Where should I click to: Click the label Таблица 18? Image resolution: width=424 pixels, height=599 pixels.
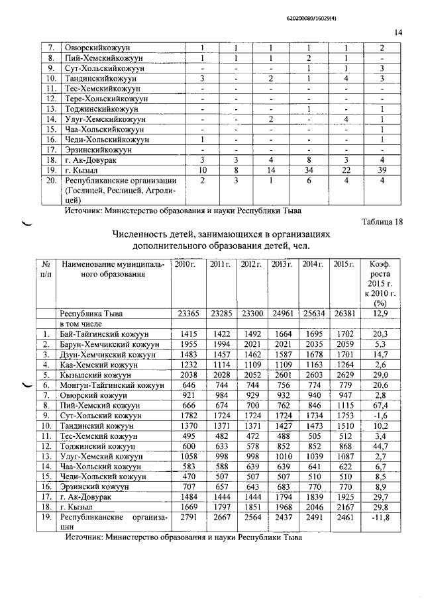click(x=382, y=222)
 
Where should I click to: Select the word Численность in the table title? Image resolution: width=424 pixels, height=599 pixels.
click(x=146, y=234)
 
